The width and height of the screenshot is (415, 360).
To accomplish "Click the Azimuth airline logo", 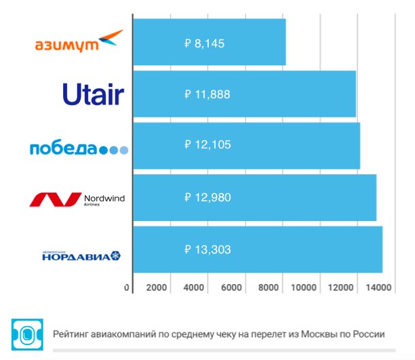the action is pos(79,41).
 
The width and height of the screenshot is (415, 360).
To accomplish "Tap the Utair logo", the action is pos(93,94).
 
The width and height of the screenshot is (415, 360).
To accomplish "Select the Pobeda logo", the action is pos(79,148).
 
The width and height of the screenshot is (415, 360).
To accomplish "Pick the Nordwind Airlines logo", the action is pos(77,199).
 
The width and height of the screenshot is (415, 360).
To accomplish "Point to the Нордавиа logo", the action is pos(81,256).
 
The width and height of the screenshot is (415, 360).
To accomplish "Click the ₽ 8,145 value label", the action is pos(204,43).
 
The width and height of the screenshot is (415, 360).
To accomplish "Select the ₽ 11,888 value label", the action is pos(207,94).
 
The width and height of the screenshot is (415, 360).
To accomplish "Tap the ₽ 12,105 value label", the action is pos(207,144).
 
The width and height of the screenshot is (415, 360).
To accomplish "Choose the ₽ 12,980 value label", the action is pos(207,197).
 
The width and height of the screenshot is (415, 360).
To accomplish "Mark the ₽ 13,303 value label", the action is pos(207,249).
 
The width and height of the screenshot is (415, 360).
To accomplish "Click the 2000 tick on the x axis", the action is pos(157,287).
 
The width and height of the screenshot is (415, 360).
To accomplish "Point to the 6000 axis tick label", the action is pos(231,287).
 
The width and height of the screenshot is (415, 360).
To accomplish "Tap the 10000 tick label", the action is pos(304,287).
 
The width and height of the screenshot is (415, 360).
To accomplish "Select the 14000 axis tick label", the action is pos(378,287).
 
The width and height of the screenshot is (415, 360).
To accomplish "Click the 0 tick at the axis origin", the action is pos(127,287).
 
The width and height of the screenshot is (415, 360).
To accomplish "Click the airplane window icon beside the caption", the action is pos(27,335).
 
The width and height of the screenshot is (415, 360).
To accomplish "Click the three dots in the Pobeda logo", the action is pos(114,151).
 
